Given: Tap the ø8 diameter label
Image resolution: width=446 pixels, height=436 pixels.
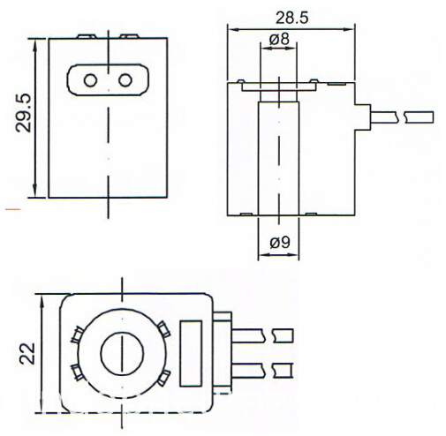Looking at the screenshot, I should click(x=277, y=39).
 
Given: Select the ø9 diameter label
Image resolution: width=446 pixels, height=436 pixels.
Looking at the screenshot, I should click(x=276, y=242).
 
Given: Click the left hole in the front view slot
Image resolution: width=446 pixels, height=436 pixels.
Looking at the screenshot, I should click(x=91, y=80).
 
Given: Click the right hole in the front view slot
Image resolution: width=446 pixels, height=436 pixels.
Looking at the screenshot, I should click(x=125, y=80).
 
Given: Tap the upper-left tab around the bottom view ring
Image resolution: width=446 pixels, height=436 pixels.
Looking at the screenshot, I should click(x=77, y=334).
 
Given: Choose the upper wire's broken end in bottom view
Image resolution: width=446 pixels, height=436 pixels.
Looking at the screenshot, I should click(x=283, y=335).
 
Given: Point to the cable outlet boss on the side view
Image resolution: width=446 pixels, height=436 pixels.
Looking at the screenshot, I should click(x=360, y=115).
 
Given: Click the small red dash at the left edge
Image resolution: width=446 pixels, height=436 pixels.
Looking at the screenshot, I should click(x=11, y=210).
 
